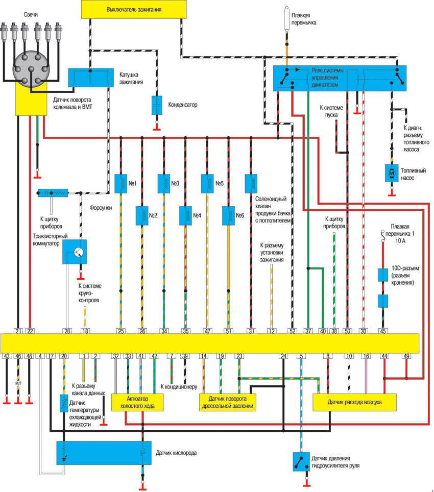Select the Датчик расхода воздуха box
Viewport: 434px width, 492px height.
(x=355, y=402)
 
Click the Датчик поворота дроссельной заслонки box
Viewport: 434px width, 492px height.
(x=227, y=402)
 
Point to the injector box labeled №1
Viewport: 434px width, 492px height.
(x=121, y=183)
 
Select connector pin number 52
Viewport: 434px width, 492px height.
(x=292, y=331)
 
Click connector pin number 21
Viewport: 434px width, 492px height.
(x=18, y=331)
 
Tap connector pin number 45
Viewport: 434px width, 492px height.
(x=383, y=331)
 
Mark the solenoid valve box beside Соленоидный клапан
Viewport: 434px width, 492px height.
(x=251, y=183)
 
